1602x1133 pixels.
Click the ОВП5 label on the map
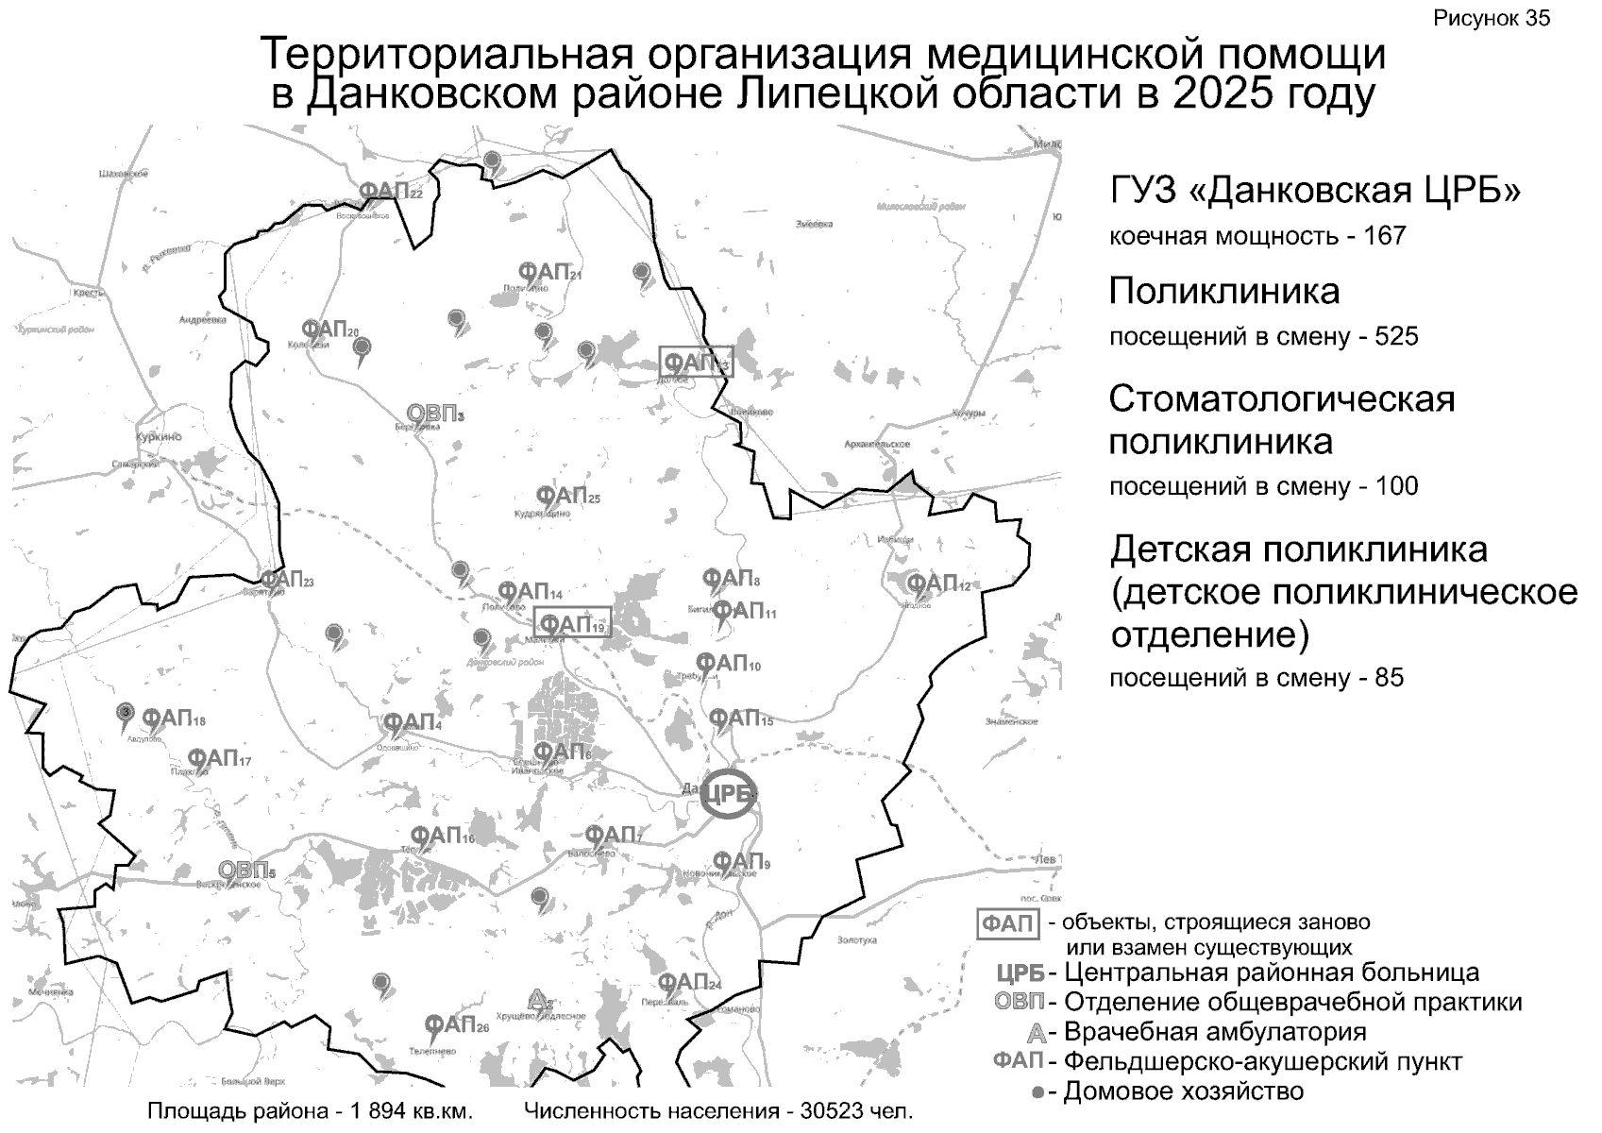tap(246, 871)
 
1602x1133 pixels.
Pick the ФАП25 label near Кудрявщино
tap(567, 496)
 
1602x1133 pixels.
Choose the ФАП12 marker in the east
tap(937, 584)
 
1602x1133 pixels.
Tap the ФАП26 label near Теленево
tap(456, 1025)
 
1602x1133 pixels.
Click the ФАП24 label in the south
tap(689, 982)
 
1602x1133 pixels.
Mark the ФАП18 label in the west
tap(173, 720)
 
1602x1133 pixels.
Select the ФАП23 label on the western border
tap(286, 580)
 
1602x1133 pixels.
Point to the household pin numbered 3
tap(124, 713)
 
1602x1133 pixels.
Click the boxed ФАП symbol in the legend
tap(1007, 923)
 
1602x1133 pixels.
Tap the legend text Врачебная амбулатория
tap(1215, 1031)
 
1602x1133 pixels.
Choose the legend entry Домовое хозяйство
tap(1183, 1091)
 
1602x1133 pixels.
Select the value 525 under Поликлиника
tap(1397, 337)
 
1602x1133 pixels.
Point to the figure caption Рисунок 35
tap(1492, 19)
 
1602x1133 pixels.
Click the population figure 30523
tap(833, 1111)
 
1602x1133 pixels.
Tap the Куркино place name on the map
tap(159, 438)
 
